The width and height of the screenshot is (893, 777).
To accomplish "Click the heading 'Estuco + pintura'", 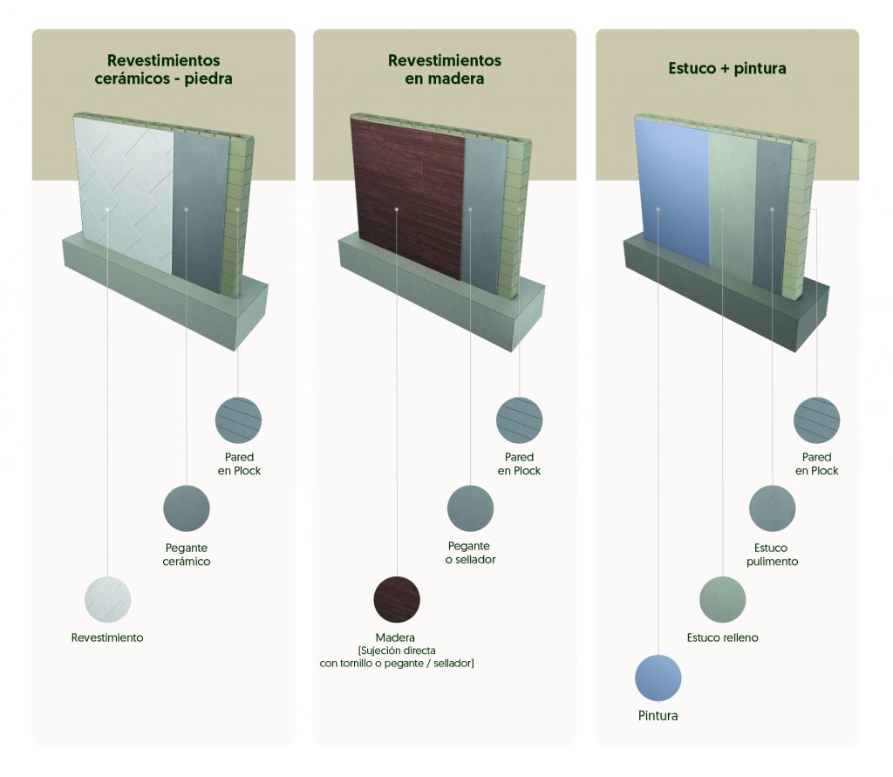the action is pyautogui.click(x=727, y=68).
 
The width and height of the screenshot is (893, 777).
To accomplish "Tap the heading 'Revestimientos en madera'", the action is pyautogui.click(x=445, y=69).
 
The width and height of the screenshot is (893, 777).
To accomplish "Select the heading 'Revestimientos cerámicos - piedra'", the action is pyautogui.click(x=163, y=69).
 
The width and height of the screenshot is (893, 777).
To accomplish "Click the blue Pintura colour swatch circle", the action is pyautogui.click(x=658, y=678).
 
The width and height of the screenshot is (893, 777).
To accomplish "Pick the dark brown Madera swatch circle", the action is pyautogui.click(x=397, y=599).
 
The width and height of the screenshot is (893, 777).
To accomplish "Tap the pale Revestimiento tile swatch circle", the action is pyautogui.click(x=107, y=599).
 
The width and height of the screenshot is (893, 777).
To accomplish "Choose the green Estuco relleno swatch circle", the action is pyautogui.click(x=722, y=599).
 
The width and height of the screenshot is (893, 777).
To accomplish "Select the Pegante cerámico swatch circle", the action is pyautogui.click(x=187, y=508).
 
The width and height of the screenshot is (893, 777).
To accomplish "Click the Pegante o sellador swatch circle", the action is pyautogui.click(x=470, y=508).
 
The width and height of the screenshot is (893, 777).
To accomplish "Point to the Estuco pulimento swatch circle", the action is pyautogui.click(x=773, y=508).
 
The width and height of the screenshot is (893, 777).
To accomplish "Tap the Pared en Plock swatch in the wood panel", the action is pyautogui.click(x=520, y=420).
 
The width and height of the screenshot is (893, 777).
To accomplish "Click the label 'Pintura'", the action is pyautogui.click(x=658, y=716).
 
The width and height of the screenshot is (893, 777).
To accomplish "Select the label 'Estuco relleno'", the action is pyautogui.click(x=722, y=637).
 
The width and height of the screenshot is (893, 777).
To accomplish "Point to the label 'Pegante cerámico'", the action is pyautogui.click(x=187, y=555).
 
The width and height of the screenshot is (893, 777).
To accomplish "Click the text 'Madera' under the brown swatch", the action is pyautogui.click(x=395, y=637).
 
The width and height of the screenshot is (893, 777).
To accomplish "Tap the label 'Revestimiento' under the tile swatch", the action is pyautogui.click(x=107, y=637).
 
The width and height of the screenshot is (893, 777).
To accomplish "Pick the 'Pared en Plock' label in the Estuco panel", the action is pyautogui.click(x=816, y=464).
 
